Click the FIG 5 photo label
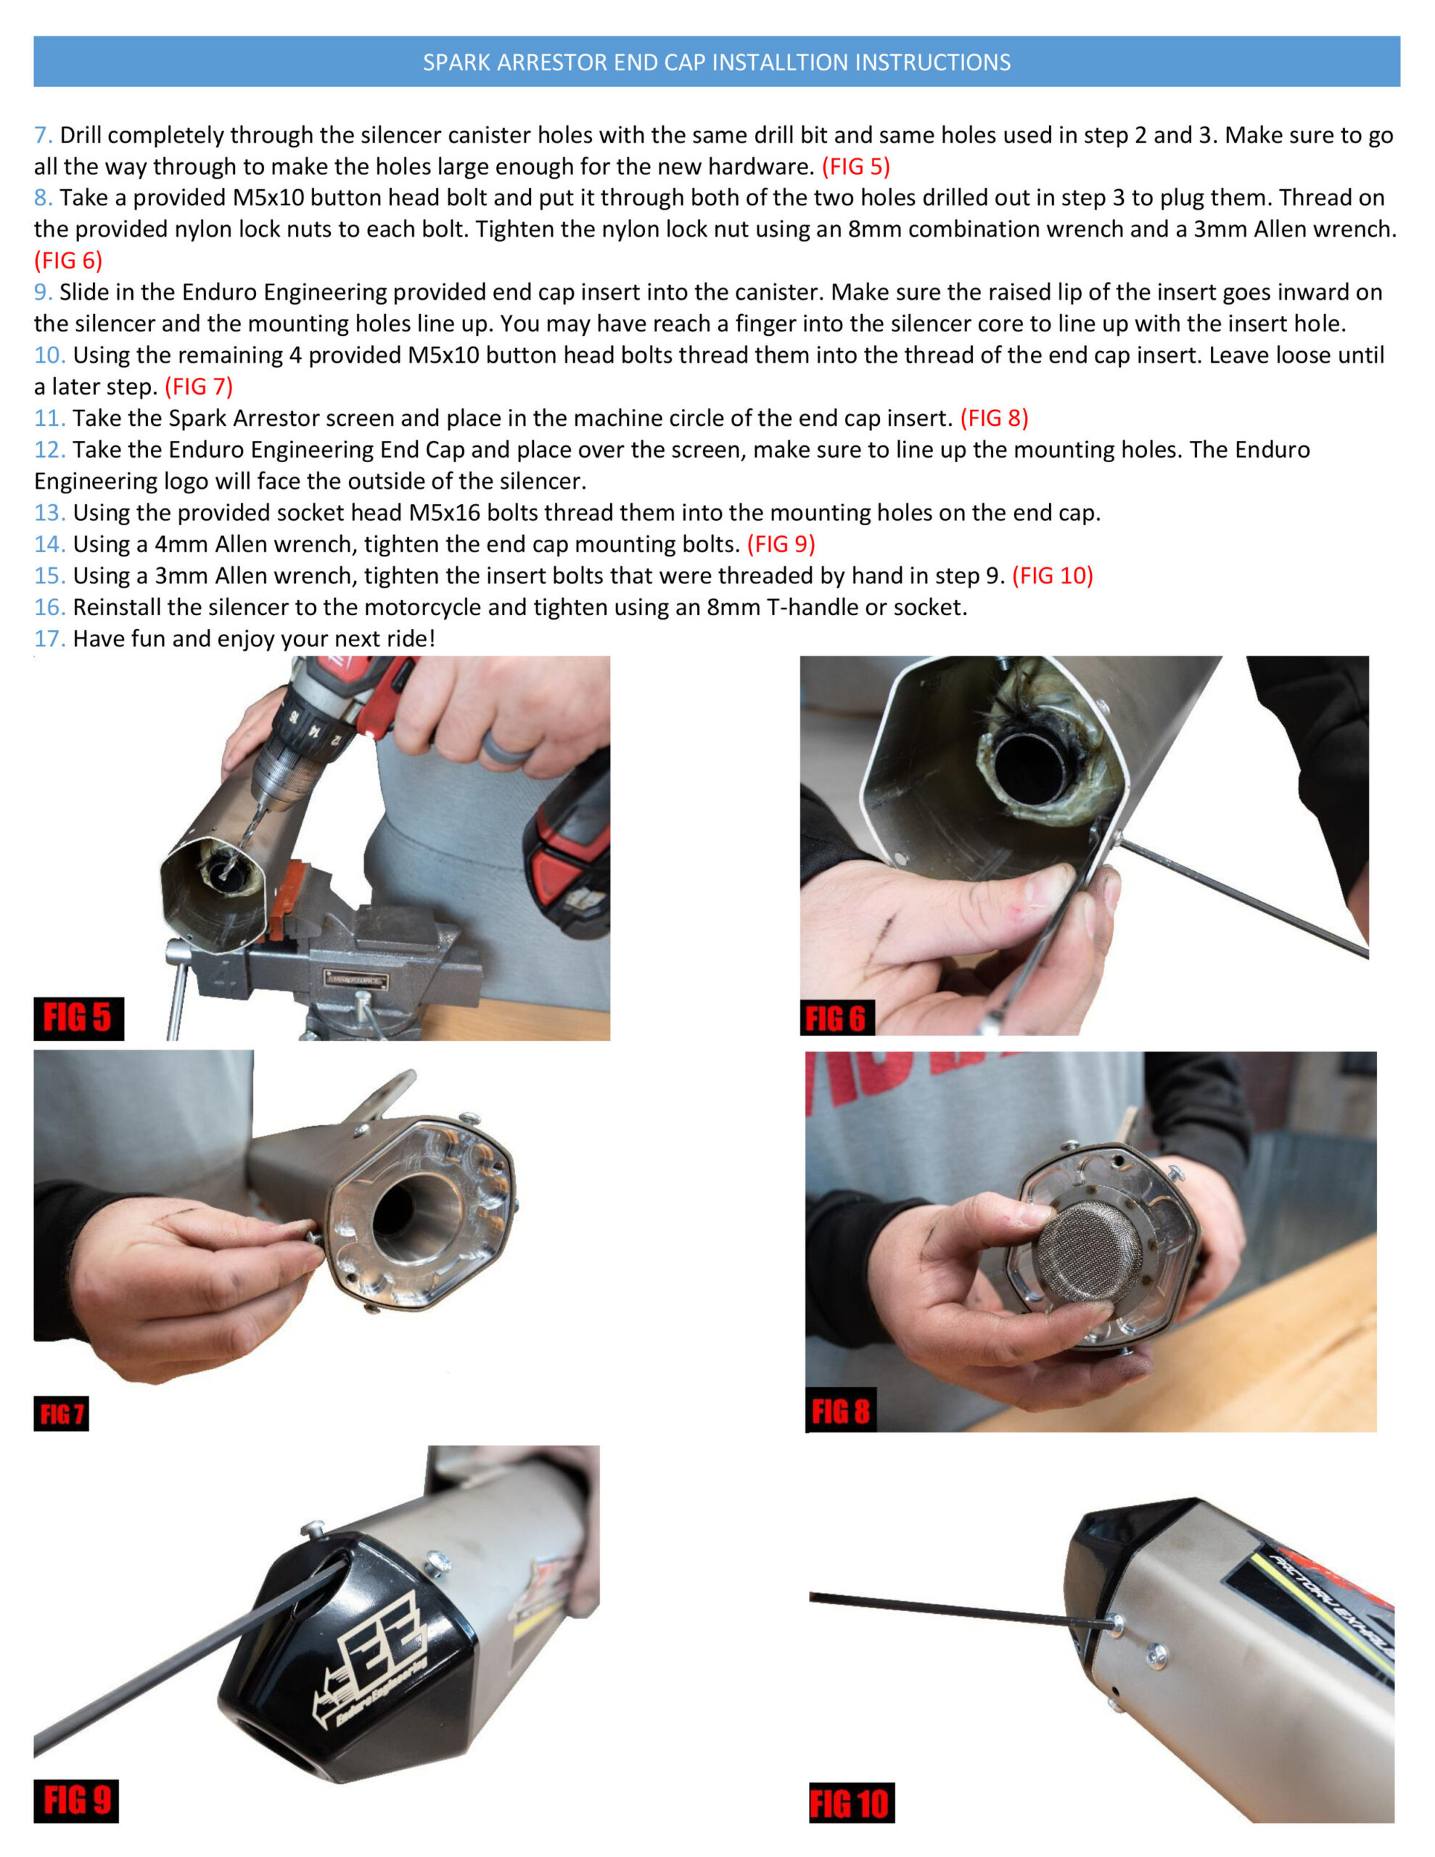[78, 1018]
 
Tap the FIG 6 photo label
[837, 1018]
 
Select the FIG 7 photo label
[61, 1414]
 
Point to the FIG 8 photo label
[840, 1412]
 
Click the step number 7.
[44, 135]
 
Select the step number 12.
[49, 450]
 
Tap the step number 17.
[49, 638]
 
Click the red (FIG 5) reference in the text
[856, 167]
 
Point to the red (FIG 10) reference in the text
[1052, 576]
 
